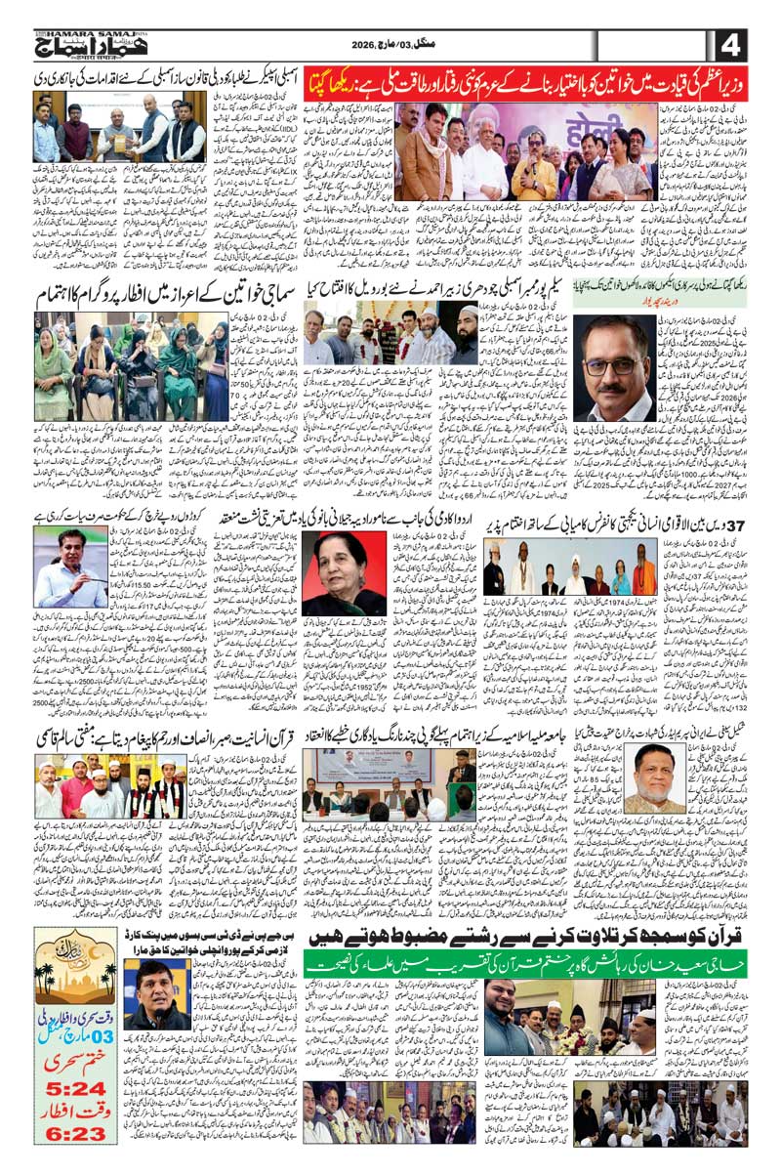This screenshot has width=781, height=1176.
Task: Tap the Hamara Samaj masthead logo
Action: (x=88, y=45)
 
